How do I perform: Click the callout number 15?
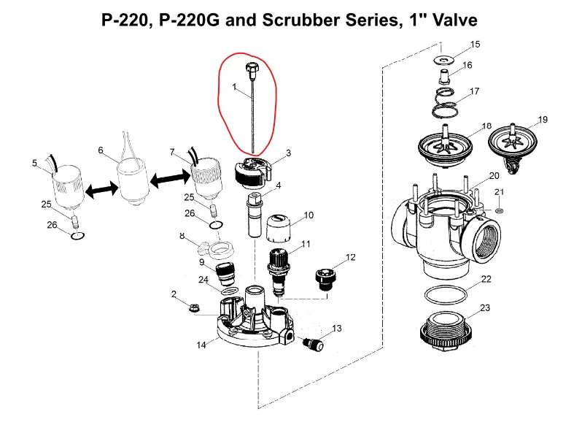pyautogui.click(x=475, y=45)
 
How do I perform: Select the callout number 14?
pyautogui.click(x=201, y=345)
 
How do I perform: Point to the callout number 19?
pyautogui.click(x=542, y=119)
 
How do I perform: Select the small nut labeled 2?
pyautogui.click(x=195, y=307)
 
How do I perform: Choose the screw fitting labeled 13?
pyautogui.click(x=312, y=344)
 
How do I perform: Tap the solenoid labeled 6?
pyautogui.click(x=134, y=181)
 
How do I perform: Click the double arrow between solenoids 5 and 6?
pyautogui.click(x=101, y=189)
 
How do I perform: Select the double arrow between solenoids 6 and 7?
pyautogui.click(x=168, y=177)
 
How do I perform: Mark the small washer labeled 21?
pyautogui.click(x=498, y=210)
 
